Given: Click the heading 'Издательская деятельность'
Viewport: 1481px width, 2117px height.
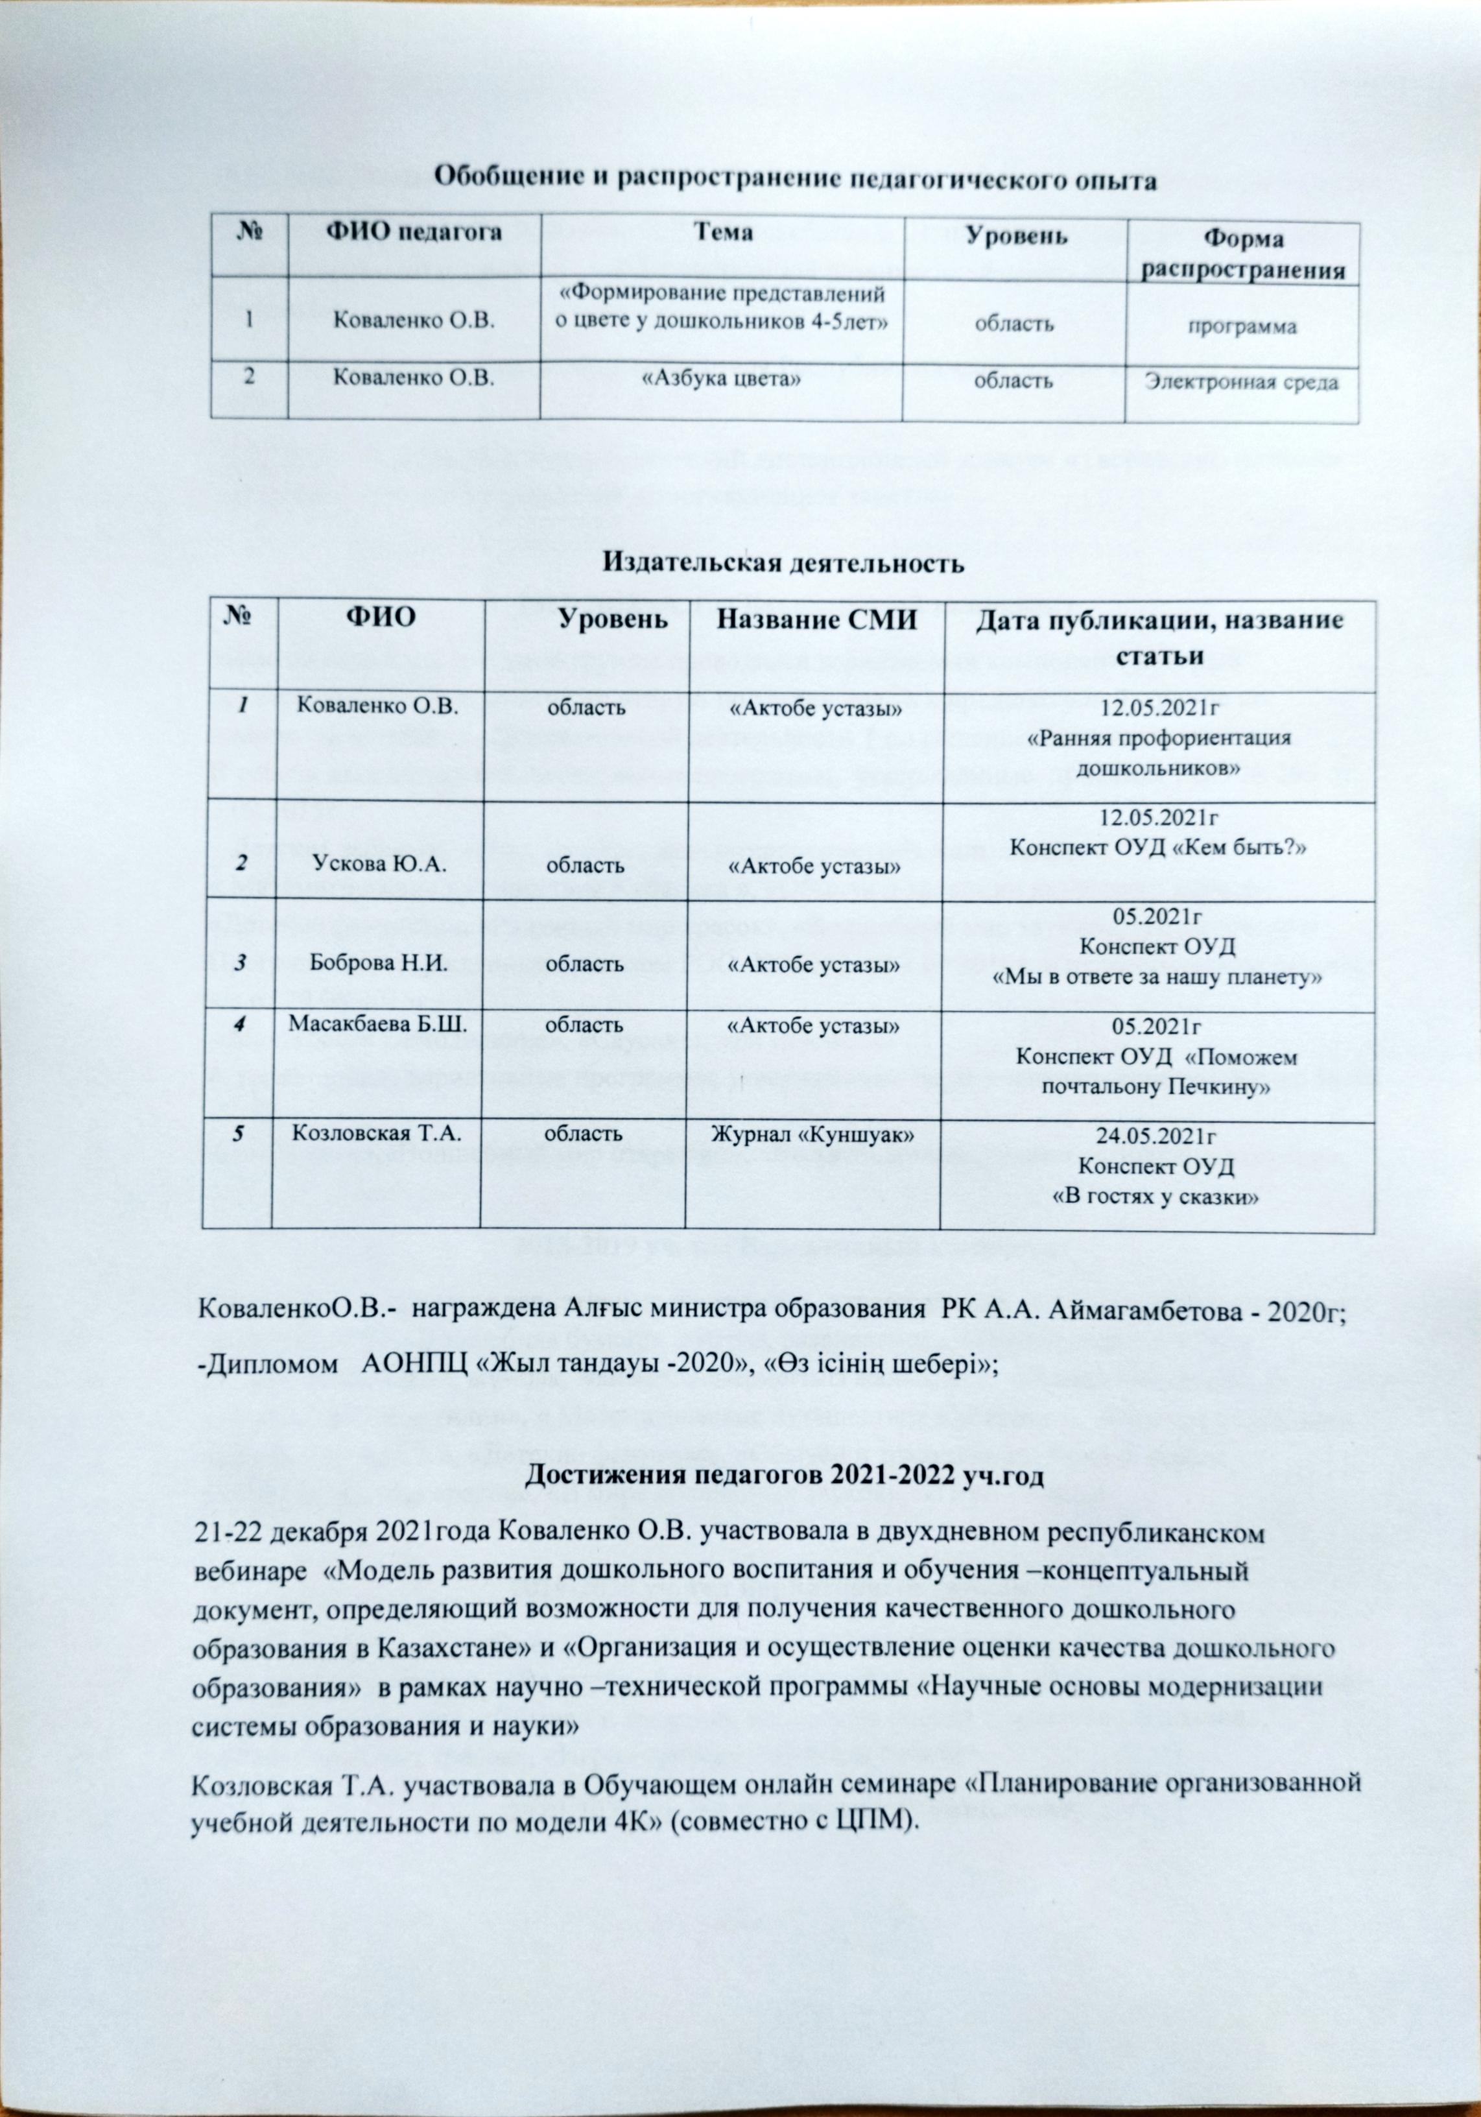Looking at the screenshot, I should tap(785, 562).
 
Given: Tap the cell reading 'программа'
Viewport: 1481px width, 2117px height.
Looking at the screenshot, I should tap(1241, 328).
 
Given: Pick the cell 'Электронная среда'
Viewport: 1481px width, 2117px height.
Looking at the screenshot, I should tap(1240, 382).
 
